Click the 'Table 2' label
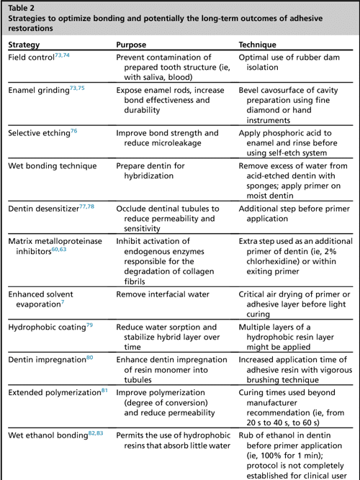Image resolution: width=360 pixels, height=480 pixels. point(22,9)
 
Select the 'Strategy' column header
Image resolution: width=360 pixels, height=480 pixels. point(24,44)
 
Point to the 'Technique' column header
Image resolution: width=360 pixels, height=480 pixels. point(260,44)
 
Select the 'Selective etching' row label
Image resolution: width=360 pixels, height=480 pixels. point(37,133)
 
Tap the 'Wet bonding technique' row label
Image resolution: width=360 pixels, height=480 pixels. point(52,166)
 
